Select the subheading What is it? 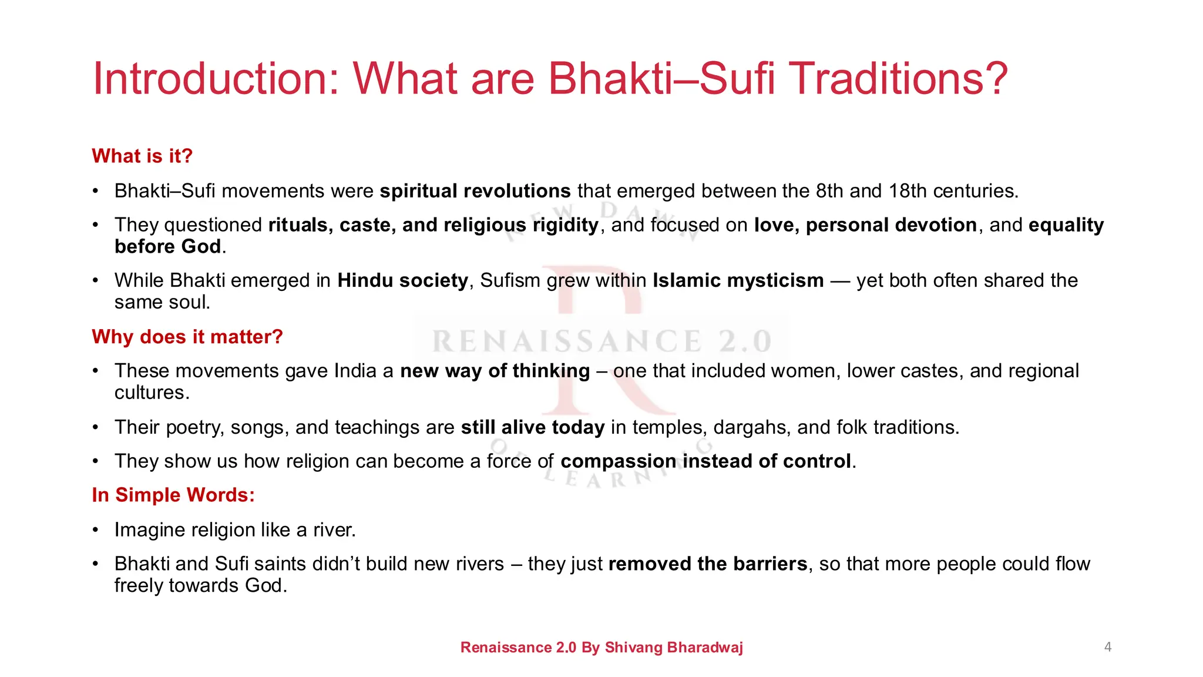pos(142,156)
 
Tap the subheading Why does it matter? pos(187,337)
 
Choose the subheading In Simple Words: pos(173,495)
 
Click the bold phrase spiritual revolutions pos(475,191)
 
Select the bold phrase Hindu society pos(402,280)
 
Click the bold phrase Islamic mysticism pos(738,280)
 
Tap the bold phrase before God pos(167,246)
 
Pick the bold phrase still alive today pos(532,427)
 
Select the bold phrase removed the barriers pos(707,564)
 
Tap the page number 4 pos(1107,647)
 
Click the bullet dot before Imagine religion pos(95,531)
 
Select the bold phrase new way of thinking pos(495,371)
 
